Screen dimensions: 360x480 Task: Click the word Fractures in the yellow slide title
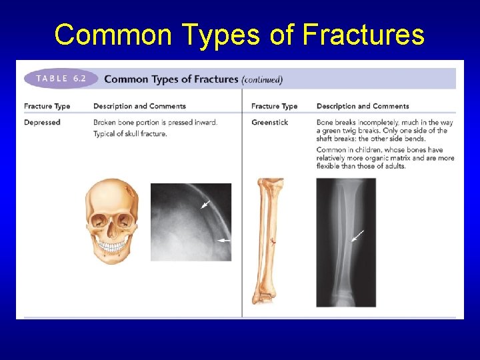click(359, 34)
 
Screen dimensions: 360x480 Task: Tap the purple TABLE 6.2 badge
click(61, 78)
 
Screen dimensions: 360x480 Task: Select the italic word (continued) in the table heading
click(262, 79)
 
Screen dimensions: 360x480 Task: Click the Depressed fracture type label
click(42, 122)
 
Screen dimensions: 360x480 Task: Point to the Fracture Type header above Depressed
click(47, 106)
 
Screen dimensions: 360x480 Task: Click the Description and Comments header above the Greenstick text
click(363, 106)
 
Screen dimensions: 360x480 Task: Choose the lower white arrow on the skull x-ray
click(223, 240)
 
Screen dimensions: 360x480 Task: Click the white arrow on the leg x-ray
click(358, 236)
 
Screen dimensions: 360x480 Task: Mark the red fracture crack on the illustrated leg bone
click(272, 242)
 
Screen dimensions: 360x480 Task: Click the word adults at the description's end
click(393, 166)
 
